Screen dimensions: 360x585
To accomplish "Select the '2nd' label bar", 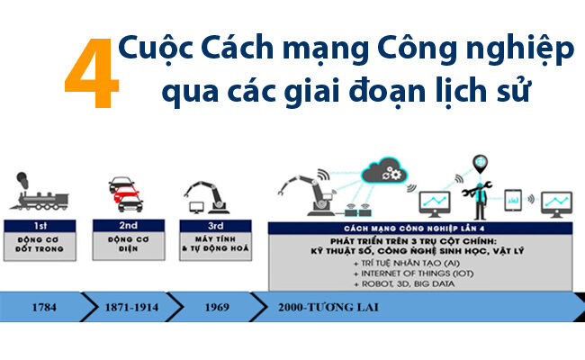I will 127,225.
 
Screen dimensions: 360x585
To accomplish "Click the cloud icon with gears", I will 391,171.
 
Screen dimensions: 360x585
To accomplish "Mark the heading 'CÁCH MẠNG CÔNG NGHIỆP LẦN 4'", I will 422,230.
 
